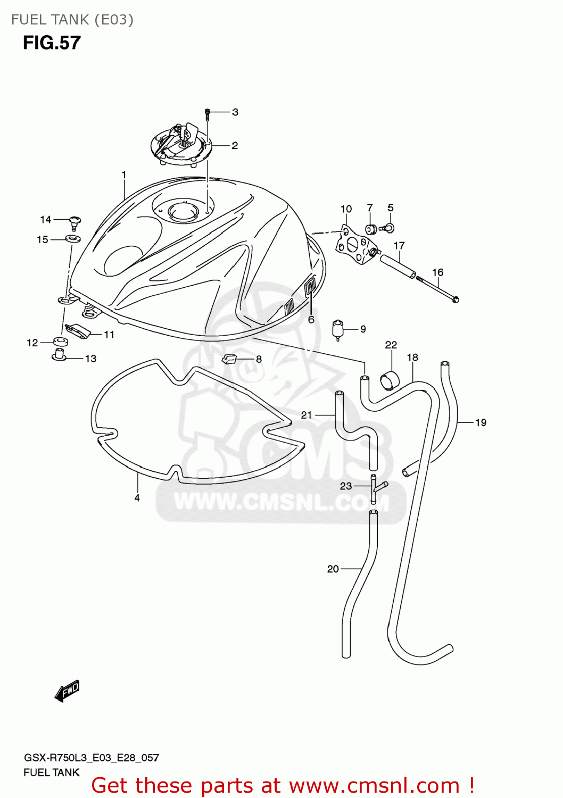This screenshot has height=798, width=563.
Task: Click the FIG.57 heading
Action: point(52,43)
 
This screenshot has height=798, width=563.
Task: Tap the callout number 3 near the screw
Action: point(235,112)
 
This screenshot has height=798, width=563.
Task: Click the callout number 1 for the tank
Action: point(124,175)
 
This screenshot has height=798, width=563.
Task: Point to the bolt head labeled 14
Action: point(75,220)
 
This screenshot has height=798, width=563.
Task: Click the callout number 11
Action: point(109,335)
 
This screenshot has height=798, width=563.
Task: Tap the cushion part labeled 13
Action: point(59,355)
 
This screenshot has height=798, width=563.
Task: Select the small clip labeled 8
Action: point(229,359)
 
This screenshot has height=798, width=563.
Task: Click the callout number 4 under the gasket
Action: point(137,498)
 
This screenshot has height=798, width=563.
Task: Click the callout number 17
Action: point(399,246)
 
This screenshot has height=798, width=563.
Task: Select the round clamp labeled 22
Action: point(390,380)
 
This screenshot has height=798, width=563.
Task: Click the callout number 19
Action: point(481,423)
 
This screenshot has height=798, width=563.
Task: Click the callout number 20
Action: point(333,569)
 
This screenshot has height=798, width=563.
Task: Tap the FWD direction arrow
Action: point(67,691)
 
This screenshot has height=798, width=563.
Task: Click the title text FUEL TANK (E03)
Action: point(72,20)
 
